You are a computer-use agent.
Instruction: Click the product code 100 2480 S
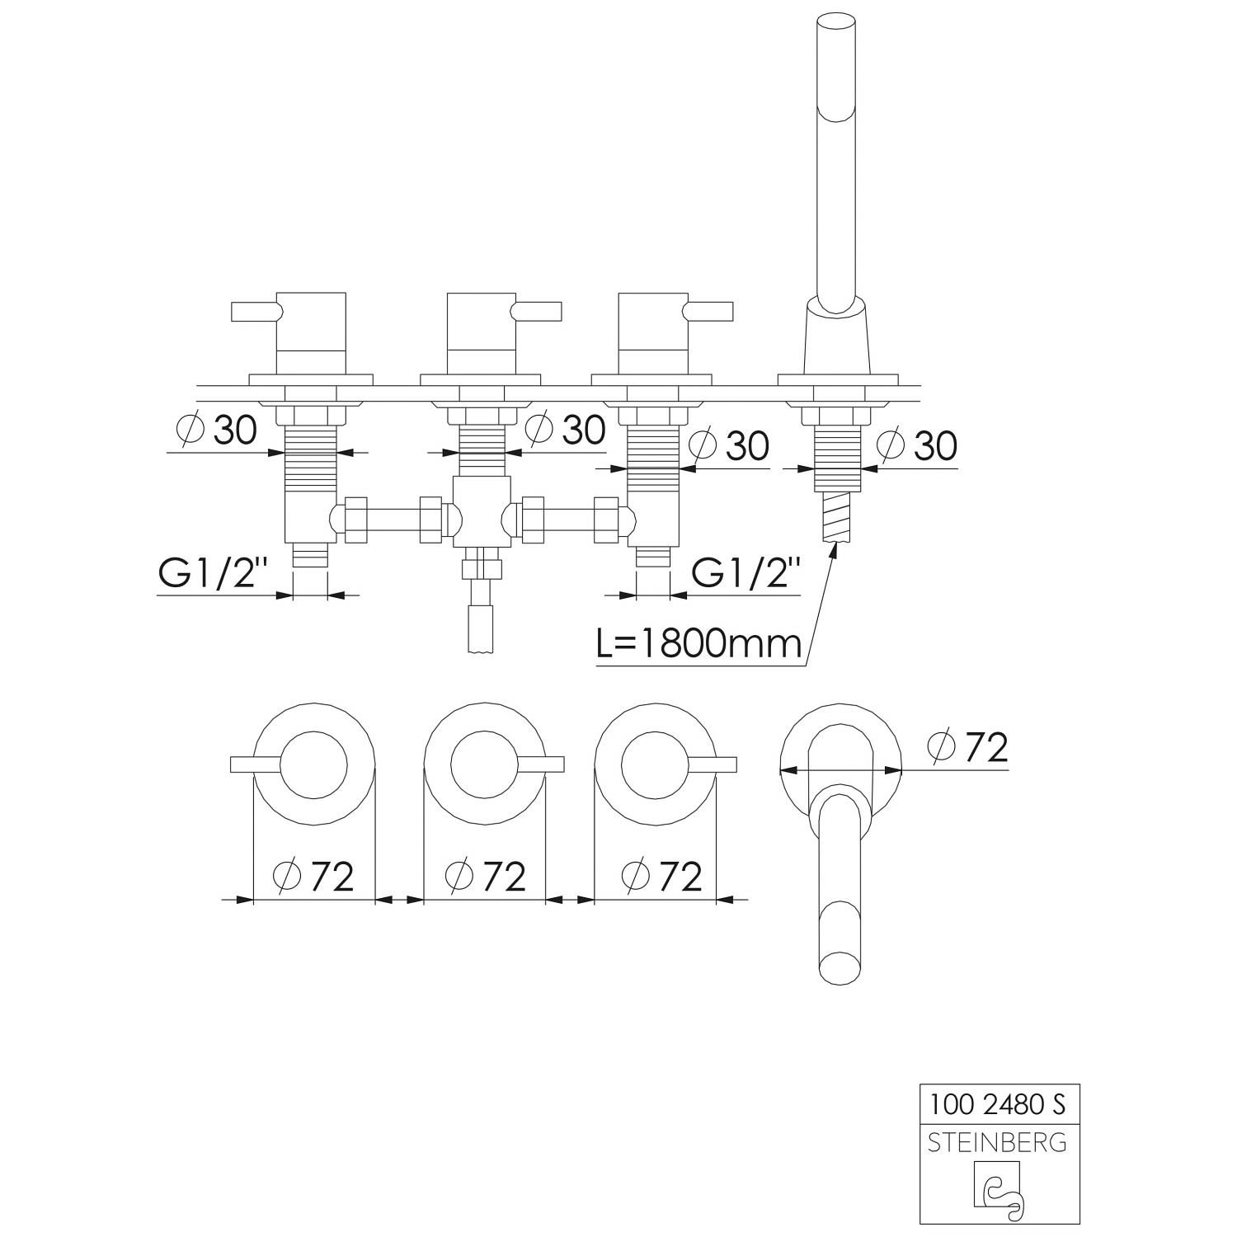999,1103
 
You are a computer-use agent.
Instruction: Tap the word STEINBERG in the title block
998,1143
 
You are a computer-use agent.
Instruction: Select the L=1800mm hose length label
698,643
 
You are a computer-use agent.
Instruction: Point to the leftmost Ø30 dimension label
217,430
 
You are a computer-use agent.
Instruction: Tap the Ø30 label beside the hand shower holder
917,445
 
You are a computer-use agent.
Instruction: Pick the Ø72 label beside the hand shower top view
968,748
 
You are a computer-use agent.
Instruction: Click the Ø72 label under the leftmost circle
313,876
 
